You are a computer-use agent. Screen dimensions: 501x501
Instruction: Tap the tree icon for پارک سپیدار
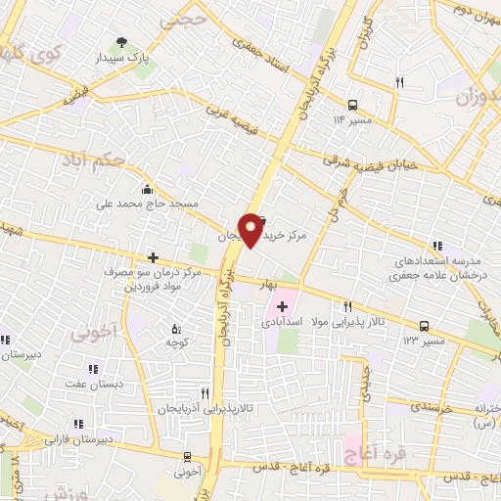(x=121, y=42)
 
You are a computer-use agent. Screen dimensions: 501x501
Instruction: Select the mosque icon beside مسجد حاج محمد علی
(x=146, y=189)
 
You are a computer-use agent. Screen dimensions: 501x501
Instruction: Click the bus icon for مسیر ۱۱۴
(x=351, y=105)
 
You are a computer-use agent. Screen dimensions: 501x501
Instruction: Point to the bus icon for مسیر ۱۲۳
(x=423, y=325)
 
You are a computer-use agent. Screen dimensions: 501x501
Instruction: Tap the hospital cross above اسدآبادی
(x=283, y=306)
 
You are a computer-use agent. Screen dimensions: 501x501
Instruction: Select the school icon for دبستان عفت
(x=93, y=369)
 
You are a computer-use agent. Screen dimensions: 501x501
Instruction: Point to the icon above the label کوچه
(x=176, y=330)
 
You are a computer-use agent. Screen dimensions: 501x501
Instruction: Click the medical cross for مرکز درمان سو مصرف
(x=153, y=257)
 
